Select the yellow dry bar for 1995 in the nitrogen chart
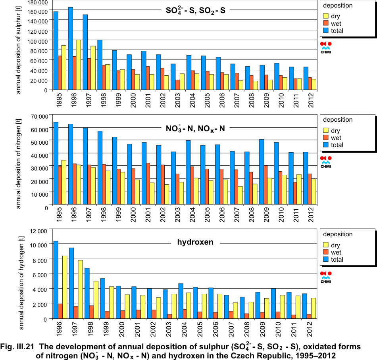(x=63, y=182)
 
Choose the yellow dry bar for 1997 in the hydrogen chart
(x=80, y=289)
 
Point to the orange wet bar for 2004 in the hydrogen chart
(x=185, y=314)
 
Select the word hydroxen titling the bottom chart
(x=195, y=242)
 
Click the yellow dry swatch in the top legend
(x=326, y=16)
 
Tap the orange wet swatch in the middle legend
(x=326, y=138)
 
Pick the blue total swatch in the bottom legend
(x=326, y=260)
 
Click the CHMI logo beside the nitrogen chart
(x=326, y=162)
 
